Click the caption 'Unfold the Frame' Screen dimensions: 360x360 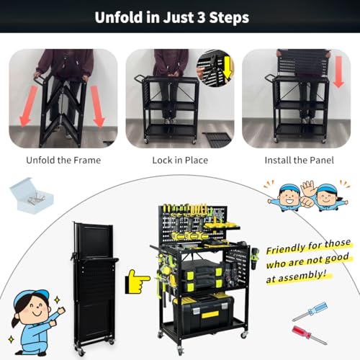tap(63, 160)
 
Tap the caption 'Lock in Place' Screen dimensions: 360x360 tap(180, 160)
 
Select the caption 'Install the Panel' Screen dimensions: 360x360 tap(299, 160)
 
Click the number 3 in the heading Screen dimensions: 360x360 tap(202, 17)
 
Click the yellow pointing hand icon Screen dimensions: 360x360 tap(138, 282)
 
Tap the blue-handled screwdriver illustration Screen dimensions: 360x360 tap(310, 312)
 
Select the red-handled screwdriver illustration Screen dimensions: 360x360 tap(309, 335)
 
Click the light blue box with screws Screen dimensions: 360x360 tap(32, 195)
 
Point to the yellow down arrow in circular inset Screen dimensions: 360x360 tap(227, 69)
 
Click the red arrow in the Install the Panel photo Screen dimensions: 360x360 tap(338, 72)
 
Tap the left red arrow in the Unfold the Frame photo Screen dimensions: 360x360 tap(28, 107)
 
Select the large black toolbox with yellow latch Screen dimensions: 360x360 tap(204, 314)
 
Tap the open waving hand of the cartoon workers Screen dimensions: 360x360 tap(307, 188)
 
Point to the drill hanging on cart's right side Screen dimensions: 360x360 tap(255, 258)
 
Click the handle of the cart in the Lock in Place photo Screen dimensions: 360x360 tap(139, 78)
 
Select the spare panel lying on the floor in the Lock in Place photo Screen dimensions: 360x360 tap(217, 139)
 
